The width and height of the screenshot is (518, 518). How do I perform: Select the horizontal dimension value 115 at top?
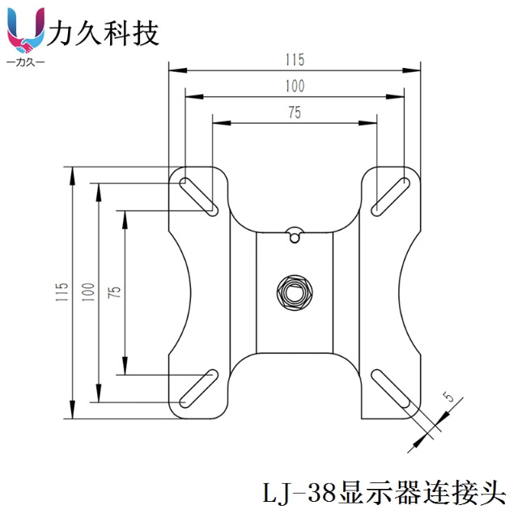point(294,59)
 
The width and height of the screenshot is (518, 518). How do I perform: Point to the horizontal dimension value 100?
point(294,86)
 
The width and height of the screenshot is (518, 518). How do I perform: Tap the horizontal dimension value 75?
point(294,113)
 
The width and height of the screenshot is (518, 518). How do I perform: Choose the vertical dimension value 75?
point(114,292)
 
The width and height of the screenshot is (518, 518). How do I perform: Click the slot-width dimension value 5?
point(447,397)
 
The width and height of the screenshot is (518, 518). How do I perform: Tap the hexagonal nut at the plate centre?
point(294,291)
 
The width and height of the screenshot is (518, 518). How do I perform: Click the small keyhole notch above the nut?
point(294,235)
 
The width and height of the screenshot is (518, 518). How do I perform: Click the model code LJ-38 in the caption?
point(301,491)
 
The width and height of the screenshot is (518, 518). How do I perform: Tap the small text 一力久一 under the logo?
point(26,62)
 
